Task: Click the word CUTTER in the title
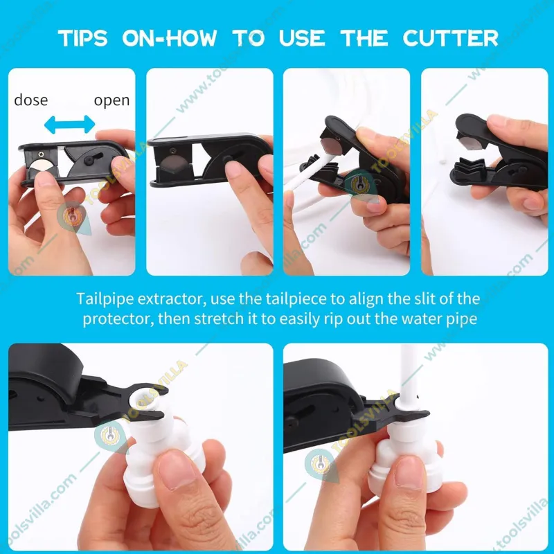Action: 451,38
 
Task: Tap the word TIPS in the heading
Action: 82,38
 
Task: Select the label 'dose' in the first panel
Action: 30,100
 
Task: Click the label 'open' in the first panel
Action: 111,100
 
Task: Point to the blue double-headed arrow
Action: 70,125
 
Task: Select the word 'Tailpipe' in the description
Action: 105,299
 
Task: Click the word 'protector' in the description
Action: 117,319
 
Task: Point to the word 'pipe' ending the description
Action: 463,319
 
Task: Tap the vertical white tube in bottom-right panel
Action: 408,375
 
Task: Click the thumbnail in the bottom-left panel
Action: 176,471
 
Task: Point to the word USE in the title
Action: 302,38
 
